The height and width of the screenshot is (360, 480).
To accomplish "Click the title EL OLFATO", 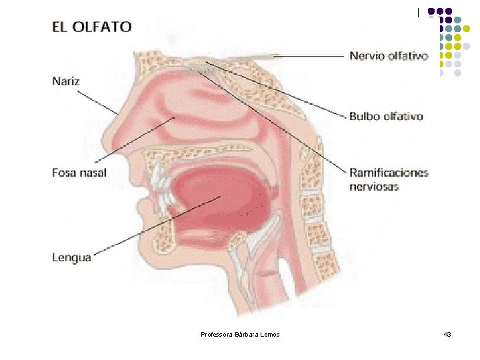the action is click(x=92, y=27).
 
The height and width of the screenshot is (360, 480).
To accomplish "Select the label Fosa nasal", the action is click(x=79, y=173).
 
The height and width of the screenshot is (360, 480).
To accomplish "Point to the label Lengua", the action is click(x=71, y=257).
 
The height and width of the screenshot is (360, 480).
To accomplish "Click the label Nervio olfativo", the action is click(x=389, y=56).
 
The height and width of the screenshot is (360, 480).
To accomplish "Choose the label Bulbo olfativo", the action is click(x=386, y=116).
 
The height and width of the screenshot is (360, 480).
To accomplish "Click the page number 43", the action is click(x=447, y=333).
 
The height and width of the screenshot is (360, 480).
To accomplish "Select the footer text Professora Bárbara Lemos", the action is click(x=240, y=333).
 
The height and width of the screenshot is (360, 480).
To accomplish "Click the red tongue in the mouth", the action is click(x=220, y=193).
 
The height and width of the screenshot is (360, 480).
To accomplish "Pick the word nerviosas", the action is click(x=374, y=187).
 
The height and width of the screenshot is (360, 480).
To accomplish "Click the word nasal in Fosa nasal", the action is click(x=93, y=173).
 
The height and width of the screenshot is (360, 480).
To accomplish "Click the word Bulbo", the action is click(x=364, y=116).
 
